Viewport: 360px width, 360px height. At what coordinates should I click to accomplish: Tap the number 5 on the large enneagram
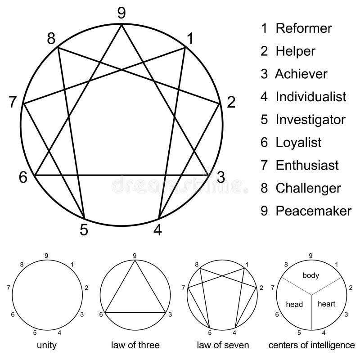pyautogui.click(x=84, y=229)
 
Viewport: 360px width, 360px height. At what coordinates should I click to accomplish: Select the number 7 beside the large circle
pyautogui.click(x=13, y=102)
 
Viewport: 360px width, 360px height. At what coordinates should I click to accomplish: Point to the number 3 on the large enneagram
pyautogui.click(x=220, y=177)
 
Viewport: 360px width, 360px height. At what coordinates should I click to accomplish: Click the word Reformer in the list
pyautogui.click(x=304, y=28)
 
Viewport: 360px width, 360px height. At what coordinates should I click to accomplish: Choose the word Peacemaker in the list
pyautogui.click(x=313, y=211)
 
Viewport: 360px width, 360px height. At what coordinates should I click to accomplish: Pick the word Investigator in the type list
pyautogui.click(x=310, y=119)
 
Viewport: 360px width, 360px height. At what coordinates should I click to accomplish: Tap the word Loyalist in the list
pyautogui.click(x=298, y=142)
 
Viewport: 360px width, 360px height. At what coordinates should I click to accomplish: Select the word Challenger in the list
pyautogui.click(x=308, y=188)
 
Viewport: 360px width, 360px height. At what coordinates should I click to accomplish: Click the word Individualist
pyautogui.click(x=311, y=96)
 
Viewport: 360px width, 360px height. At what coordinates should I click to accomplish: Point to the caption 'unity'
pyautogui.click(x=47, y=346)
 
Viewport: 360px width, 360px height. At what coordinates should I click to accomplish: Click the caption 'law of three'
pyautogui.click(x=135, y=346)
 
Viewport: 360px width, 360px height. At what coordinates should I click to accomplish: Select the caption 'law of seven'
pyautogui.click(x=223, y=346)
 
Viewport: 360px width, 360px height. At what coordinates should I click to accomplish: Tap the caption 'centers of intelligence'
pyautogui.click(x=311, y=346)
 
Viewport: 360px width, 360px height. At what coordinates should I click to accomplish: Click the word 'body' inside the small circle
pyautogui.click(x=310, y=275)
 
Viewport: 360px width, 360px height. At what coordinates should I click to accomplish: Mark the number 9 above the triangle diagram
pyautogui.click(x=135, y=256)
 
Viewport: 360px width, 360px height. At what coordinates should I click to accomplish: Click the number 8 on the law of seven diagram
pyautogui.click(x=197, y=265)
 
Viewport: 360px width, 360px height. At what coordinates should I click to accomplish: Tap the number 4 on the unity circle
pyautogui.click(x=60, y=333)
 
